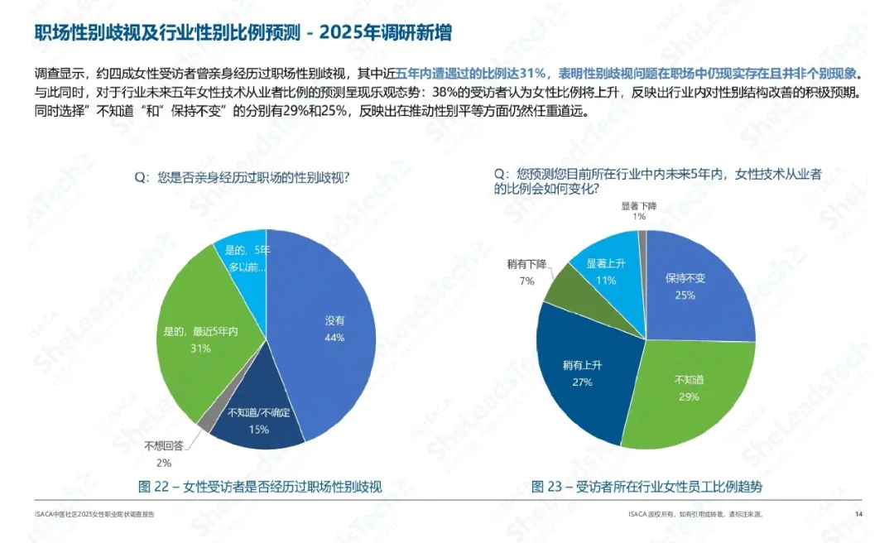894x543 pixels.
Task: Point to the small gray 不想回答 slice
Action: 204,421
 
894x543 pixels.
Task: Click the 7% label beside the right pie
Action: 526,281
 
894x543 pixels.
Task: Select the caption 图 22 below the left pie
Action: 260,486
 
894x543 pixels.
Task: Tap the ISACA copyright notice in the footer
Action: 695,514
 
